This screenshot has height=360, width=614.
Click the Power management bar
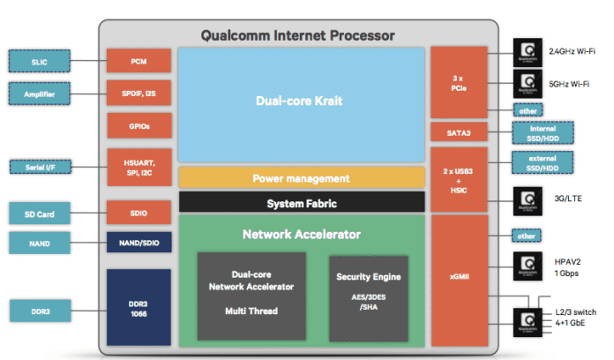(302, 177)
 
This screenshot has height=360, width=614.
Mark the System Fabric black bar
(302, 203)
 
